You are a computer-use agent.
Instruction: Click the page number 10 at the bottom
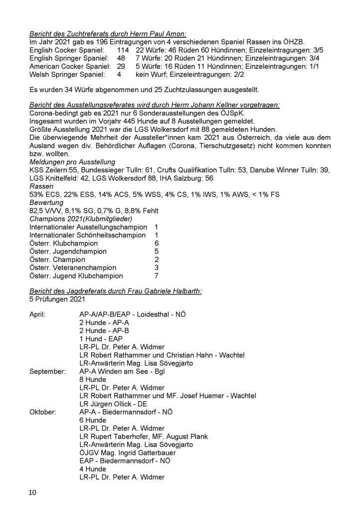pyautogui.click(x=32, y=493)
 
